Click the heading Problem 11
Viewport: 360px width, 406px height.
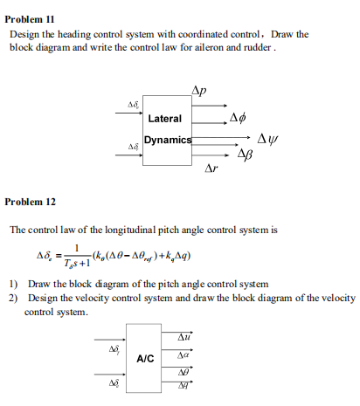tap(31, 17)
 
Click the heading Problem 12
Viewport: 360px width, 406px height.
tap(31, 202)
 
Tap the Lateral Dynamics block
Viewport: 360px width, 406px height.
tap(166, 128)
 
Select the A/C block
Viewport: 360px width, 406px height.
tap(146, 358)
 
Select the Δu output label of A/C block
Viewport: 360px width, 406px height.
tap(184, 336)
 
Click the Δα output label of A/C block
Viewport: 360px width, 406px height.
tap(183, 354)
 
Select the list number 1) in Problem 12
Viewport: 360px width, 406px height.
tap(14, 285)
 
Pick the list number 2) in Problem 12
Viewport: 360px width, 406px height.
tap(14, 298)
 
